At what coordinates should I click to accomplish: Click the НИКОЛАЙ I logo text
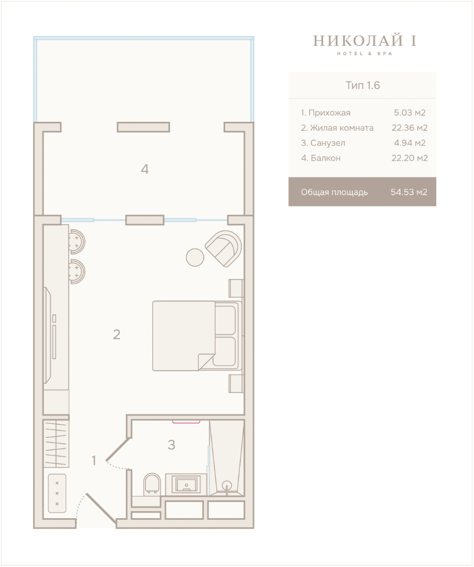coord(364,40)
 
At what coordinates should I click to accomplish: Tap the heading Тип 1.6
coord(363,86)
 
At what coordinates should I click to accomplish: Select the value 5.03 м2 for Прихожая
coord(409,112)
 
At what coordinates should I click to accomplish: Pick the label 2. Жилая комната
coord(337,128)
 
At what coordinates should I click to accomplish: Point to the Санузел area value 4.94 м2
coord(409,143)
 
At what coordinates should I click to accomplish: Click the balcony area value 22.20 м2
coord(409,158)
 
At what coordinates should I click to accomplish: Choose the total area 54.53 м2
coord(409,192)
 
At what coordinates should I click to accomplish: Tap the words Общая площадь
coord(334,192)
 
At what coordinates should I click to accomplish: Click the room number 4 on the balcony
coord(145,169)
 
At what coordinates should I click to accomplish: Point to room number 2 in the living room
coord(117,334)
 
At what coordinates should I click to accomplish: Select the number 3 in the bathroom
coord(171,445)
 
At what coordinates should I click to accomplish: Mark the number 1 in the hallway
coord(94,460)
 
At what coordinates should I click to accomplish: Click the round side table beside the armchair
coord(195,257)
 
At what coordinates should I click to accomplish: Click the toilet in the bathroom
coord(152,485)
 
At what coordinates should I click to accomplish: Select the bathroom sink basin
coord(186,484)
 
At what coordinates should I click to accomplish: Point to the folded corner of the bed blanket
coord(206,362)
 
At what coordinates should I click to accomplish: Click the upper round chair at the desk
coord(77,241)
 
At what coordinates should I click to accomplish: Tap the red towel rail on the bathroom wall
coord(186,421)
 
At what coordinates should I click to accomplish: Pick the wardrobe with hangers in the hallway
coord(56,443)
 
